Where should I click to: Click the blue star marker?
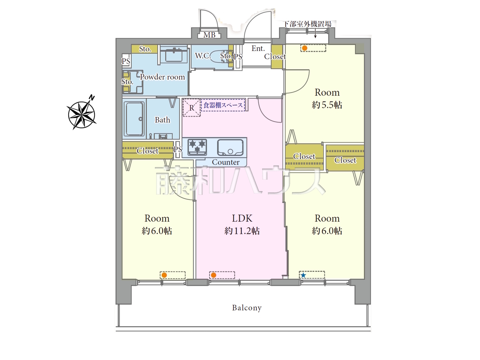pos(303,275)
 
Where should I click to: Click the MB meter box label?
pos(209,35)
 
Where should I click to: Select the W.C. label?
pos(203,56)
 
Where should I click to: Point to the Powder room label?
pos(162,77)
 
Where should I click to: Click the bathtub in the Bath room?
pos(134,119)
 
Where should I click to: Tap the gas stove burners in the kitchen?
pos(197,147)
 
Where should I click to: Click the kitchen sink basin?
pos(230,147)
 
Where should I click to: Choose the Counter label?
pos(226,162)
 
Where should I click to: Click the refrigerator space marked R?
pos(192,108)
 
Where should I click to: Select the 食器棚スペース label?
pos(223,105)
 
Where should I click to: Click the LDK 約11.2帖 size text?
pos(242,231)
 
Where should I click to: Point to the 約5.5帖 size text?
pos(327,105)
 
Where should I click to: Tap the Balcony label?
pos(247,308)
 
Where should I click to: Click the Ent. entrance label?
pos(258,48)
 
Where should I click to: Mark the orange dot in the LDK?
pos(214,275)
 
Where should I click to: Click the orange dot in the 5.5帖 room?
pos(304,48)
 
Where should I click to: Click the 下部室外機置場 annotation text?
pos(307,24)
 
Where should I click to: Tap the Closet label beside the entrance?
pos(275,57)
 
